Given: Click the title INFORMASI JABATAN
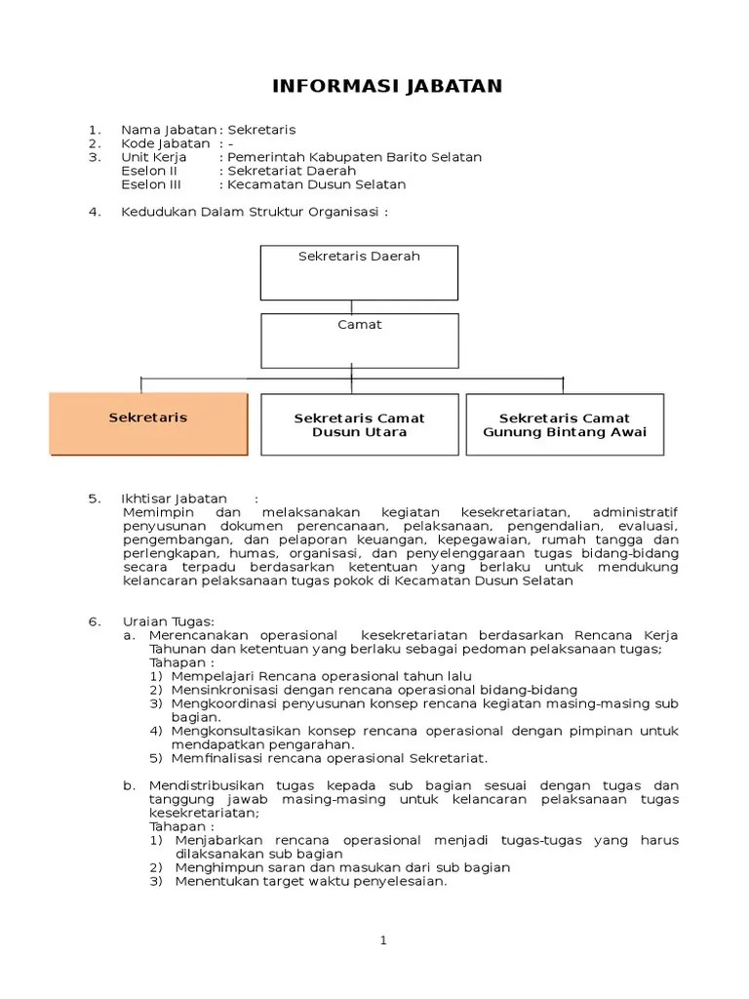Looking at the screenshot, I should (387, 86).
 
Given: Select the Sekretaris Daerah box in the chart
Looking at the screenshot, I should (359, 271).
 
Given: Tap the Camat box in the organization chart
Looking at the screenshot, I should (359, 340).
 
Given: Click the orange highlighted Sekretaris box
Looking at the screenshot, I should (148, 423).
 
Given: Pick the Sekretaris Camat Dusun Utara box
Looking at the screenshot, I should (359, 424).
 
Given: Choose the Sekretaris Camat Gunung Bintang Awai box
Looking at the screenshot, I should (565, 424).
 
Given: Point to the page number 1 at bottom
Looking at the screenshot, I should (384, 940).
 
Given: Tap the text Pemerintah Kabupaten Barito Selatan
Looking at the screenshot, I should (354, 157).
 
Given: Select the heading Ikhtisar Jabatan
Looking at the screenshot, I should (172, 499).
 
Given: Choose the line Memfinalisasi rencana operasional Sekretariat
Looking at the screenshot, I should (330, 758).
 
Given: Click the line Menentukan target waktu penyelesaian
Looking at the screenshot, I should (310, 881).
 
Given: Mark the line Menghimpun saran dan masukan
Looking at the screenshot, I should (342, 867).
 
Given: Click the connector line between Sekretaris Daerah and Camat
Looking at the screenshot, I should (351, 306).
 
